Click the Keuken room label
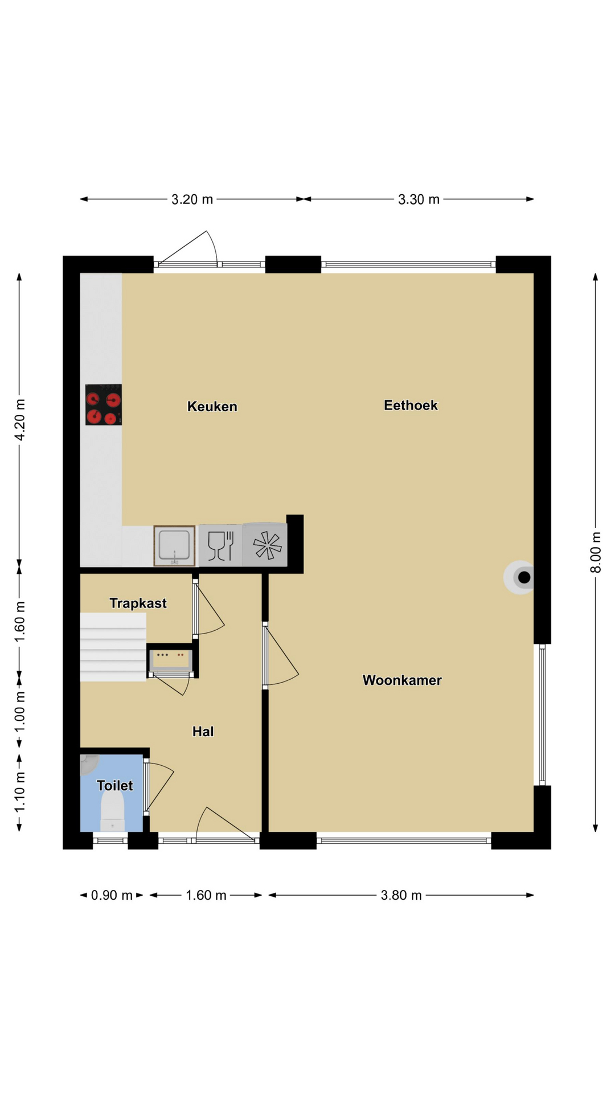point(212,406)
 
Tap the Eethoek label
point(411,405)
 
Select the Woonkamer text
point(402,680)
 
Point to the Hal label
point(203,731)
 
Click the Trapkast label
point(138,603)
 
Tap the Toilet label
point(114,785)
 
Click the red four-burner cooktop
point(104,405)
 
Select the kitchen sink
point(174,546)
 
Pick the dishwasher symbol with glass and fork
point(220,545)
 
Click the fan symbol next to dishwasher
point(265,545)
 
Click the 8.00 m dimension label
point(596,552)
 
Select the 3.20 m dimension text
point(192,199)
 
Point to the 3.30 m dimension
point(419,199)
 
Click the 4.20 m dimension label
point(19,419)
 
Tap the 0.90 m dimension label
point(112,895)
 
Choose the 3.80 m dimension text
point(401,895)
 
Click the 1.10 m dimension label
point(19,792)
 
